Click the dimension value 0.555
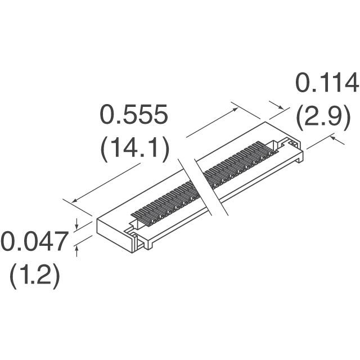(x=133, y=116)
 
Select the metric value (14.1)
(x=134, y=149)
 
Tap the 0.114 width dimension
(x=327, y=84)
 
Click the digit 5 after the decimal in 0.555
(x=133, y=116)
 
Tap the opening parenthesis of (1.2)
(x=12, y=277)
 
